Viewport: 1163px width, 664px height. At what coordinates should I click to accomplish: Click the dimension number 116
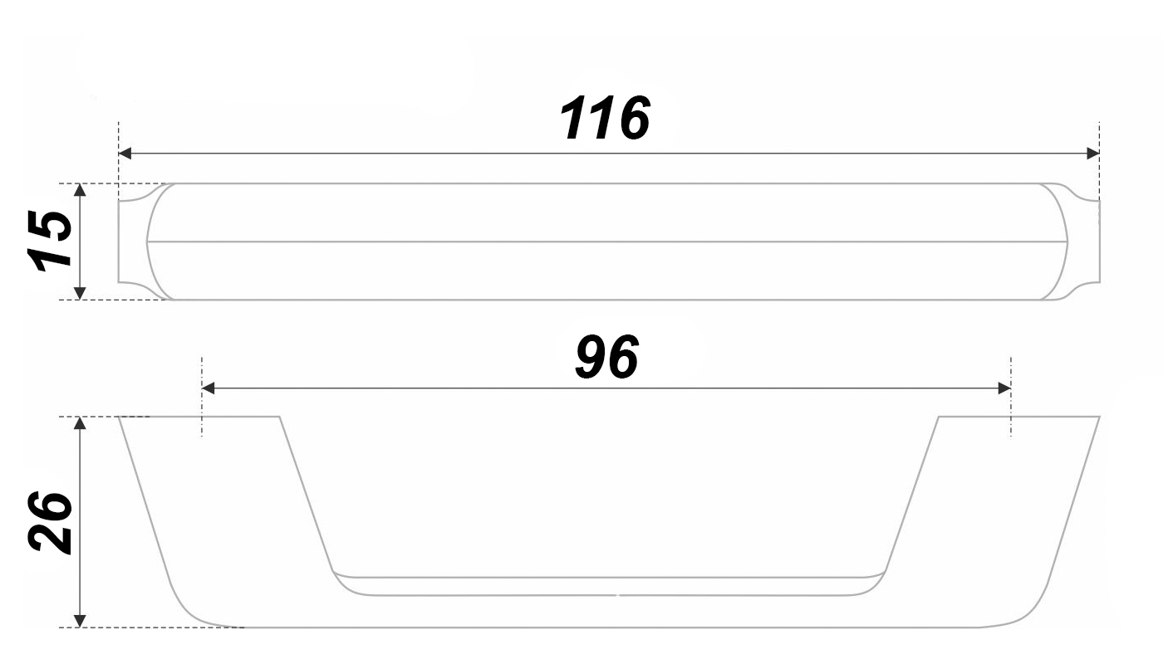tap(605, 118)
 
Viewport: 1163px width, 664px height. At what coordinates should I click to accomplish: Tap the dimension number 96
tap(607, 359)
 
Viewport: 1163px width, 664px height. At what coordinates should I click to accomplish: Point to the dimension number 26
tap(48, 521)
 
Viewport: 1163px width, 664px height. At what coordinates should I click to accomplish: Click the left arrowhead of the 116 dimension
tap(125, 154)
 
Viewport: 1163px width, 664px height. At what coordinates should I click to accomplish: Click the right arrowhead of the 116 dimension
tap(1092, 154)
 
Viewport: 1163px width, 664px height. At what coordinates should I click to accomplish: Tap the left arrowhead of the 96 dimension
tap(209, 388)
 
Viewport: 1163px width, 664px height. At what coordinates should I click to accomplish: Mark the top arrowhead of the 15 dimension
tap(80, 190)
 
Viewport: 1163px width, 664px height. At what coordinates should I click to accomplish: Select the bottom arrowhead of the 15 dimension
tap(80, 292)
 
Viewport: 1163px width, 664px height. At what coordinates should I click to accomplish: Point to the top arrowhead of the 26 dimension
tap(80, 423)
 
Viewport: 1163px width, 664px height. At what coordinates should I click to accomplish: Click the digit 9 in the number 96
tap(591, 359)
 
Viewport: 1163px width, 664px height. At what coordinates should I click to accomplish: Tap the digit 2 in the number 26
tap(48, 538)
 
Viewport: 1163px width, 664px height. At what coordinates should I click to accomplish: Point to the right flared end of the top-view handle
tap(1082, 241)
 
